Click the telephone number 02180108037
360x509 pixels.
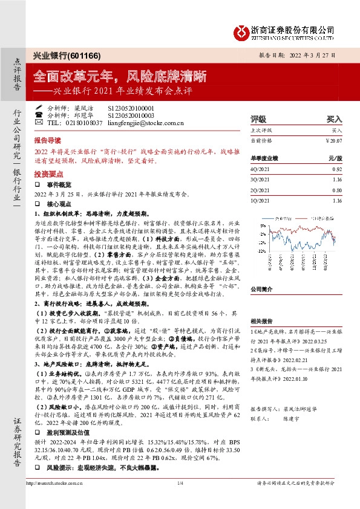pyautogui.click(x=80, y=122)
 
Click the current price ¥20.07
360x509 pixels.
pyautogui.click(x=334, y=140)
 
